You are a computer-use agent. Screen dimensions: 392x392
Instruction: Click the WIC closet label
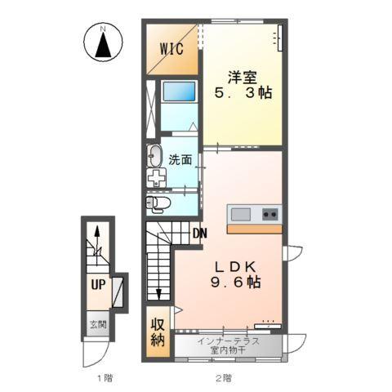[171, 48]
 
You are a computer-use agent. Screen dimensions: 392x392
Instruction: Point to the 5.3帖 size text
[243, 93]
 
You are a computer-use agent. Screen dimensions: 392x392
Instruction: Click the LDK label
[237, 266]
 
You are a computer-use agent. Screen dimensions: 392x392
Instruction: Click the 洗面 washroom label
[180, 160]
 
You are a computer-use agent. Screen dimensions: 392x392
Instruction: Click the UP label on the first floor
[97, 285]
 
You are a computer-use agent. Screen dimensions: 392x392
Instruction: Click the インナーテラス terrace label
[229, 341]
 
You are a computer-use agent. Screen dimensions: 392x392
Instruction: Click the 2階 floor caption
[223, 378]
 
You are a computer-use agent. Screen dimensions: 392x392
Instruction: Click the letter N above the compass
[103, 30]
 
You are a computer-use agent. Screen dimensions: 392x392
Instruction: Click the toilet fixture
[158, 202]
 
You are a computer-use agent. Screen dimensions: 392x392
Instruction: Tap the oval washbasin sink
[155, 156]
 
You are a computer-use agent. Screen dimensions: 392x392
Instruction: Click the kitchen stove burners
[269, 214]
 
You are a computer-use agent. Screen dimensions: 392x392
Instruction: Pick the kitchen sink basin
[242, 214]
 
